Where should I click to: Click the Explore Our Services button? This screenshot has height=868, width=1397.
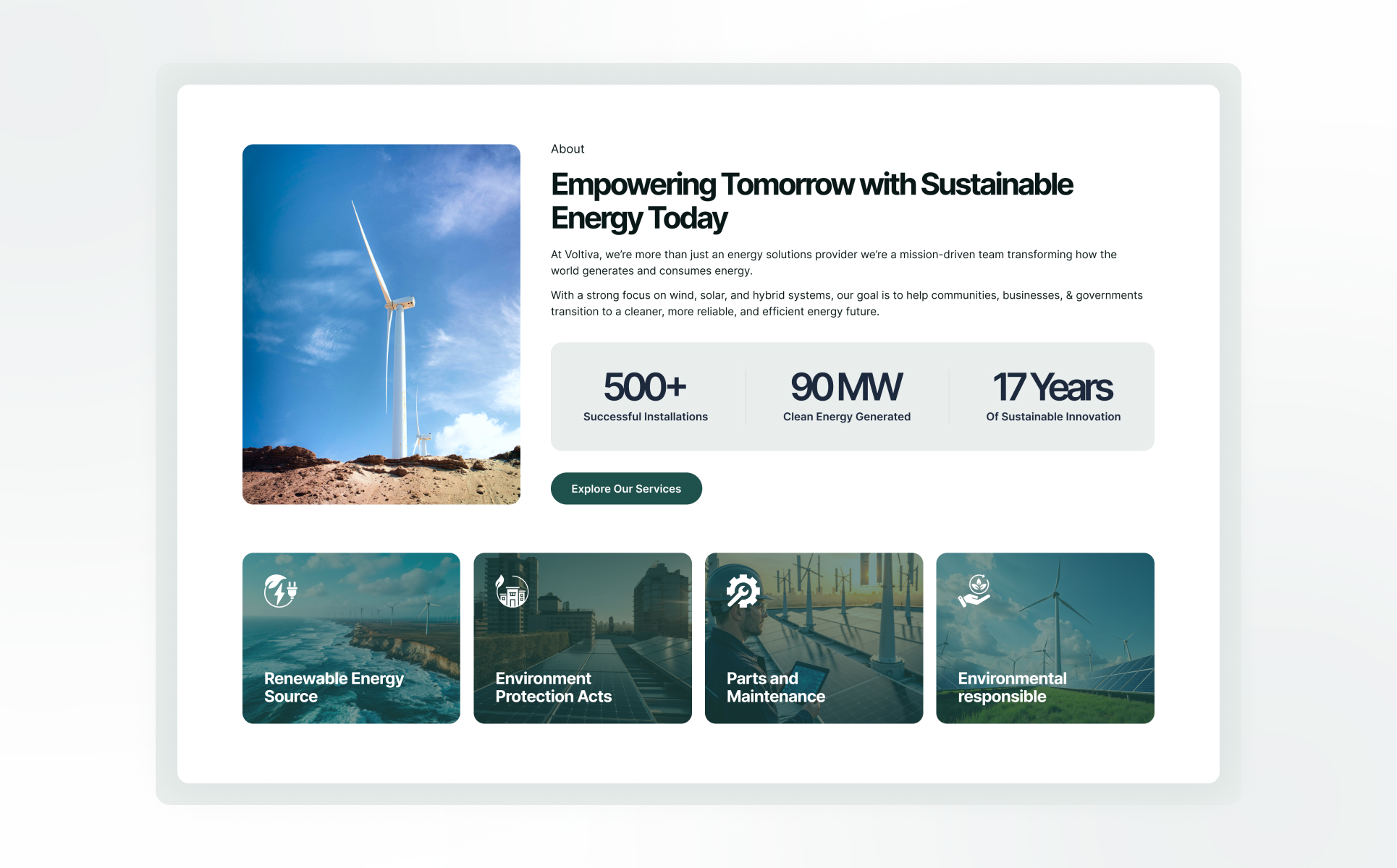[626, 488]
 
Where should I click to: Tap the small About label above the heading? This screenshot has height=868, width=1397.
[567, 149]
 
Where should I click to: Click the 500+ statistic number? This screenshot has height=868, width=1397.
[645, 386]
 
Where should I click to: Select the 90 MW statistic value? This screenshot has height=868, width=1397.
[847, 386]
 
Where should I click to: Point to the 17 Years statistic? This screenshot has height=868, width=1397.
[1053, 386]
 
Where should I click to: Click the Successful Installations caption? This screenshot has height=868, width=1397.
[646, 417]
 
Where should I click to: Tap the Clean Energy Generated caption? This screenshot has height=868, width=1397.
[847, 417]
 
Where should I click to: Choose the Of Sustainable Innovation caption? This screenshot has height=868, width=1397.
[1053, 417]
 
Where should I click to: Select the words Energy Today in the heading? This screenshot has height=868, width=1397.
[639, 218]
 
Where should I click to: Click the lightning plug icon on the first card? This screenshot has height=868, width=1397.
[281, 590]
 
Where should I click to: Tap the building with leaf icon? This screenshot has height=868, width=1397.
[512, 590]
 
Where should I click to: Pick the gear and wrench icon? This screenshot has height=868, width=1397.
[743, 590]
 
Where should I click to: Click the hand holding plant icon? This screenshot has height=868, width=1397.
[974, 590]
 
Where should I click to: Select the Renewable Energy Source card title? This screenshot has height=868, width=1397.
[334, 687]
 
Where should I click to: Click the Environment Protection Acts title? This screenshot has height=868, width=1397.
[554, 687]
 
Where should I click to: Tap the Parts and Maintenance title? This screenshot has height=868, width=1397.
[776, 687]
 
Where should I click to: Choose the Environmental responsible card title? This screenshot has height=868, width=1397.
[1013, 687]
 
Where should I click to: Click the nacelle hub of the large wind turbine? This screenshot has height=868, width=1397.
[400, 302]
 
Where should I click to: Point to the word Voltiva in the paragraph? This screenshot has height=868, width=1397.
[581, 255]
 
